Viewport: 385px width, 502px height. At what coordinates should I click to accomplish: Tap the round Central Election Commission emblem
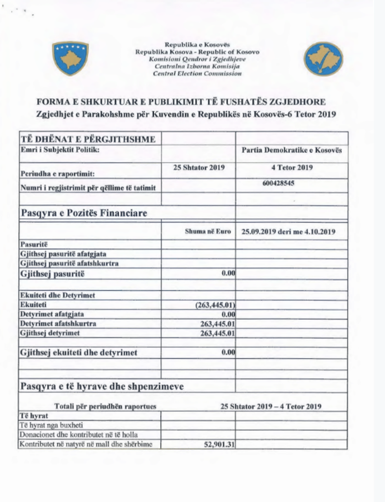(x=323, y=59)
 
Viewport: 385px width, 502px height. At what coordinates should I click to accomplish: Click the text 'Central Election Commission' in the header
(x=197, y=74)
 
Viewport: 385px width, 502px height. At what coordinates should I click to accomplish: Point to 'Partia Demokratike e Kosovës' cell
(x=291, y=150)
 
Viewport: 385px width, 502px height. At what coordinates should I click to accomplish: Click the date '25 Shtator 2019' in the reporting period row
(x=199, y=168)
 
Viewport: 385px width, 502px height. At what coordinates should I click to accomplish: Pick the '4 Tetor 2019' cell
(x=292, y=168)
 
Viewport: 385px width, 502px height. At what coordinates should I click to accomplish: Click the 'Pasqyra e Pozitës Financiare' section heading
(x=84, y=213)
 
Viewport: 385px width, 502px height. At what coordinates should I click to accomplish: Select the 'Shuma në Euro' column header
(x=208, y=232)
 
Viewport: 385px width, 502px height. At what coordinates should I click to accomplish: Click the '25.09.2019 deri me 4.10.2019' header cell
(x=288, y=232)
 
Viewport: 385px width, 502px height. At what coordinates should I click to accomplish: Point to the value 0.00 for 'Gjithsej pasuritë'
(x=228, y=273)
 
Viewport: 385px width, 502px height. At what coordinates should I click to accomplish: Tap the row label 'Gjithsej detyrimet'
(x=50, y=333)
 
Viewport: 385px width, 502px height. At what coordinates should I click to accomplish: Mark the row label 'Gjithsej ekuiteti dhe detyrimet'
(x=79, y=352)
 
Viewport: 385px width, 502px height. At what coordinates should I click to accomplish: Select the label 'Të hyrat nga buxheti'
(x=51, y=425)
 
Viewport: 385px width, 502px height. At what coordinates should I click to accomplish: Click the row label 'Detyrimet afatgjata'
(x=52, y=314)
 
